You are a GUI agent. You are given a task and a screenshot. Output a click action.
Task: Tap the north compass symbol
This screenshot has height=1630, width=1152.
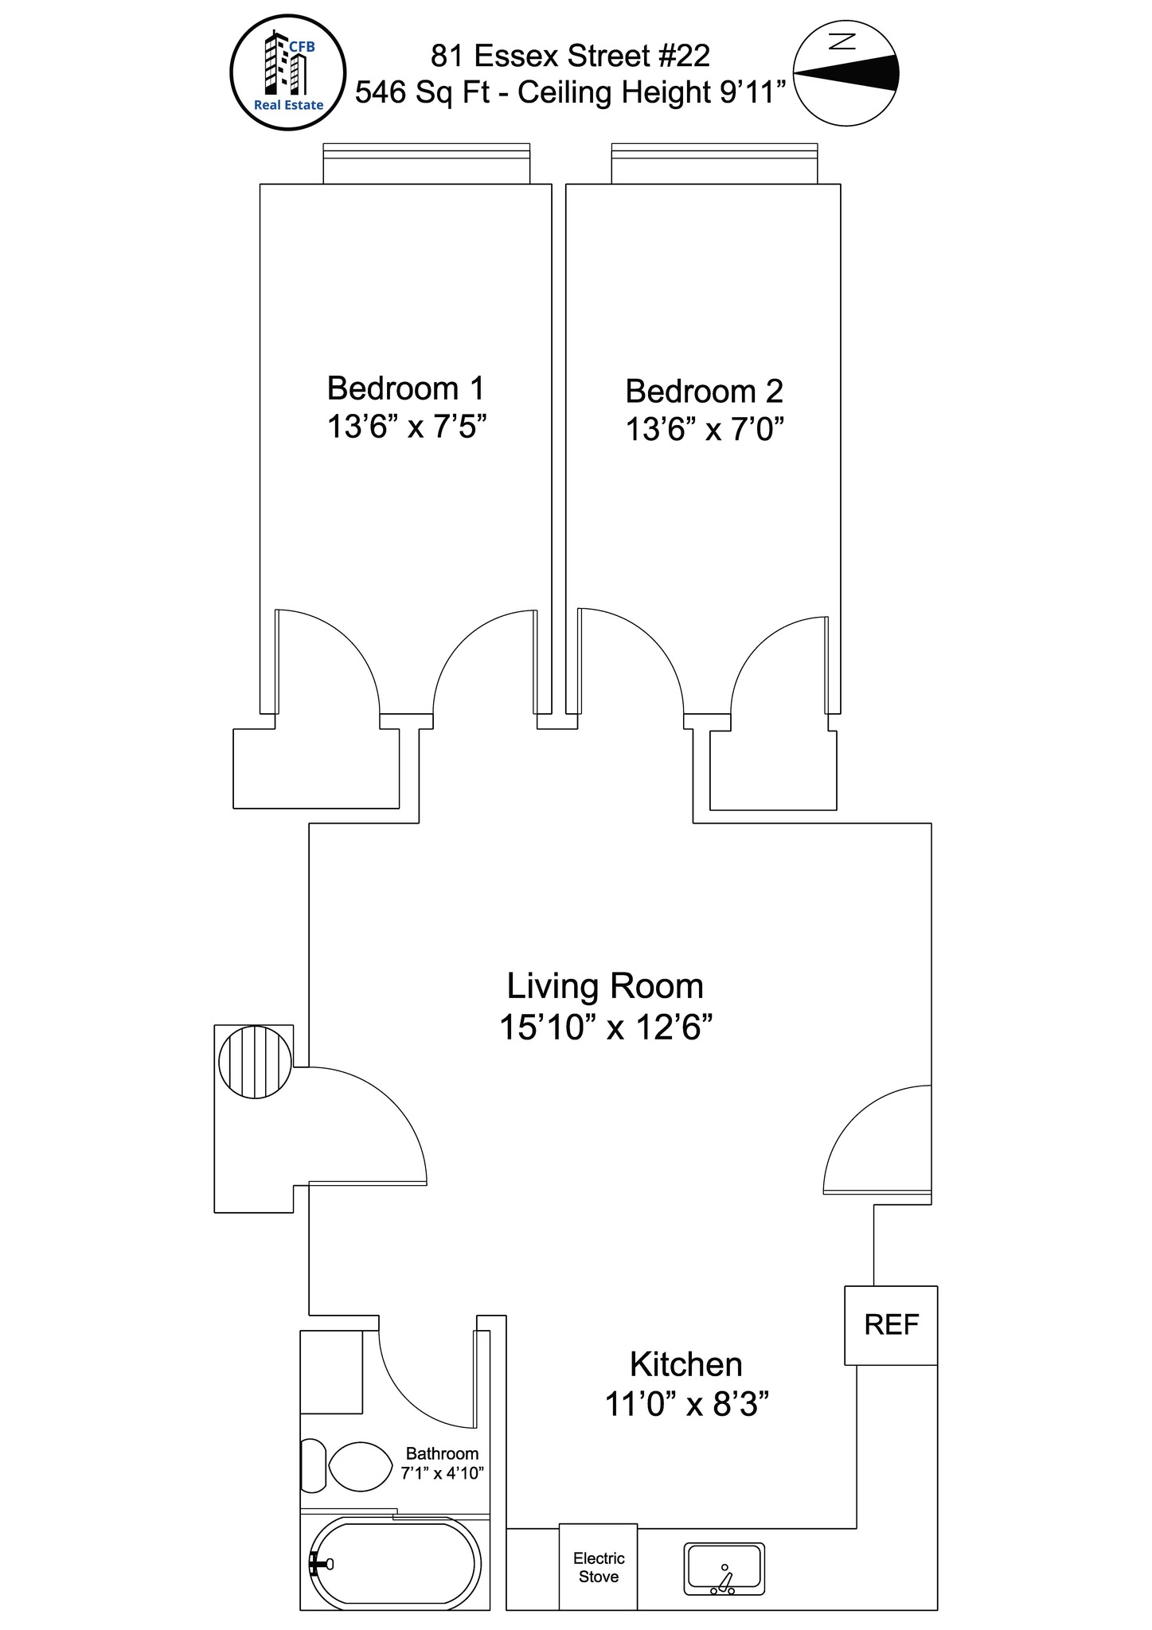[x=846, y=72]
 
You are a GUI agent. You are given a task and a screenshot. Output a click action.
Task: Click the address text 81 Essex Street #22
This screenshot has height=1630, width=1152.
[x=570, y=56]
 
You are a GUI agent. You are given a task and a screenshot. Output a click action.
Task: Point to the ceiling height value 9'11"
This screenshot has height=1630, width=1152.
[x=753, y=92]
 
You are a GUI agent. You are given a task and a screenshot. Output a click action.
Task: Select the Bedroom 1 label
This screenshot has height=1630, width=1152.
[x=406, y=388]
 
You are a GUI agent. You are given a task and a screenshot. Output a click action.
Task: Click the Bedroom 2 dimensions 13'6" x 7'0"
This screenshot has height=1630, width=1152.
[x=705, y=430]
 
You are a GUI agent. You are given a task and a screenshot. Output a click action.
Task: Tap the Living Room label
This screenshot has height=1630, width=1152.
[x=605, y=986]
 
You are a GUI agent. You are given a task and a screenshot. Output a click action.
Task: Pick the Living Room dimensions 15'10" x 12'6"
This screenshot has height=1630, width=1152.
[x=605, y=1028]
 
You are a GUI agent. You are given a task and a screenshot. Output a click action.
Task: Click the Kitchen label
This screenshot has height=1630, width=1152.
[x=686, y=1363]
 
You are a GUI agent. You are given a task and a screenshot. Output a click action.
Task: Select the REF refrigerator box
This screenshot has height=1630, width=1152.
[x=891, y=1325]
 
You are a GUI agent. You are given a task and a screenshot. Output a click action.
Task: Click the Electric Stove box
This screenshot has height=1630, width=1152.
[x=598, y=1567]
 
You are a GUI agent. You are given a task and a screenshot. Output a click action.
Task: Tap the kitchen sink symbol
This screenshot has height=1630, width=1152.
[x=724, y=1569]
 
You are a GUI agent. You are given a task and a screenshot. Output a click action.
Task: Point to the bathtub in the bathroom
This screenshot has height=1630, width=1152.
[x=394, y=1564]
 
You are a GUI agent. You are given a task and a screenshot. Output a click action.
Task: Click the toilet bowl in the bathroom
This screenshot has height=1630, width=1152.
[x=360, y=1467]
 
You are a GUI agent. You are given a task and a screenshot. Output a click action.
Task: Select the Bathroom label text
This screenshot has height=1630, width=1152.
[x=442, y=1454]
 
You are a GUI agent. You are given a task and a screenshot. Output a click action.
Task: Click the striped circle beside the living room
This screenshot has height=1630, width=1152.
[x=255, y=1062]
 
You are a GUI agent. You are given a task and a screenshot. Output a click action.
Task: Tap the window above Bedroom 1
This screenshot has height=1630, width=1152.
[x=426, y=163]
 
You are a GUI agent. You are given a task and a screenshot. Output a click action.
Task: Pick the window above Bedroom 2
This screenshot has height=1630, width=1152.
[x=714, y=163]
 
